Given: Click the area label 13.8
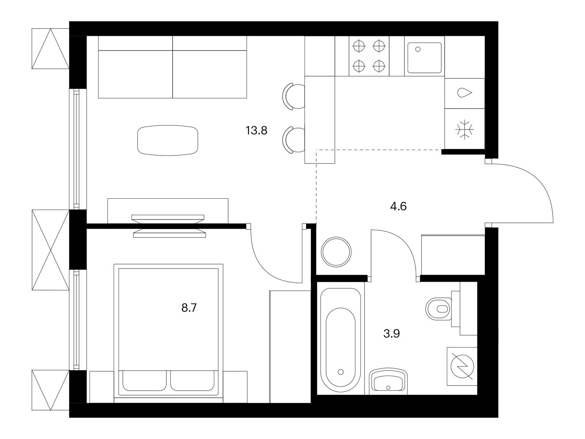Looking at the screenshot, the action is [256, 131].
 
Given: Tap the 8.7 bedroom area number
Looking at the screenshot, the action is [189, 308].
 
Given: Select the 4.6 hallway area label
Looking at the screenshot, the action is [398, 206].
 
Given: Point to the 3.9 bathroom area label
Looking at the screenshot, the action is [392, 333].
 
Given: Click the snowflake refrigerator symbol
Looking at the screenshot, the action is [465, 130].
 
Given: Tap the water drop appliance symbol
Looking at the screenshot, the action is [465, 93].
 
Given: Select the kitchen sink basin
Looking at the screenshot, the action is [424, 57].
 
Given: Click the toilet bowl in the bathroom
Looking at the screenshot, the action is [439, 309].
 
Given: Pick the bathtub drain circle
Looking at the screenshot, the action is [340, 372].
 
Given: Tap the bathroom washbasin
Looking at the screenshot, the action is [388, 382].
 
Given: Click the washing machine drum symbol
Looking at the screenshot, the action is [462, 366].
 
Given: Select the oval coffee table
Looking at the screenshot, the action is [167, 140].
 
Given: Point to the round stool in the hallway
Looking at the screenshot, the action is [336, 252].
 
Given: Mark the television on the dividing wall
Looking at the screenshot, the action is [169, 226].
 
